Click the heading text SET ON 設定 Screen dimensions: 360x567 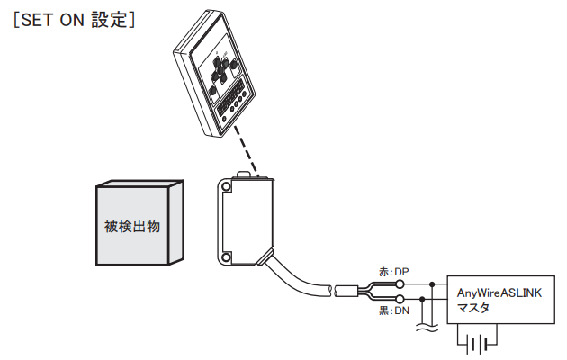74,19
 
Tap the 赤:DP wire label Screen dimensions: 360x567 393,270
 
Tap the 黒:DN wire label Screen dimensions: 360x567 393,310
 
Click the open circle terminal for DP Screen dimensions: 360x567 400,283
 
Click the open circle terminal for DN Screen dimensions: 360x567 400,298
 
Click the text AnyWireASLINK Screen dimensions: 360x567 500,292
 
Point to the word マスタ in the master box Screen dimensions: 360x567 474,308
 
